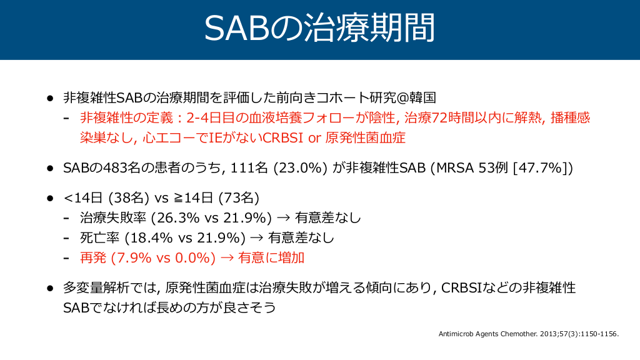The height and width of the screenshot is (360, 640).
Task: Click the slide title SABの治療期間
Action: tap(319, 27)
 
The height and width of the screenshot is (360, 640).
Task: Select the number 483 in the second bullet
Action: tap(116, 167)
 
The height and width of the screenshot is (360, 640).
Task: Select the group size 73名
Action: tap(238, 197)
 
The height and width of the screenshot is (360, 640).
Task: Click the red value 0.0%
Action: tap(192, 257)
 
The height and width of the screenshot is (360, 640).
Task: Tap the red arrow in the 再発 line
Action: tap(227, 258)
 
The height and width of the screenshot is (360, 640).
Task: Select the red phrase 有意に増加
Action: tap(271, 257)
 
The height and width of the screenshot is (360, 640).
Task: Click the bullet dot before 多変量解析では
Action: tap(50, 288)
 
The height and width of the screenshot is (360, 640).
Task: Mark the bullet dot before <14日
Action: tap(50, 198)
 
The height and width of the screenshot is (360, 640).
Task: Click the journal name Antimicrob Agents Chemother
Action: tap(487, 334)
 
